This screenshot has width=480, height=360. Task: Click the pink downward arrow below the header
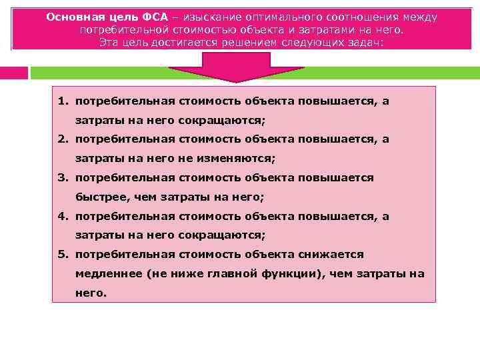pyautogui.click(x=237, y=67)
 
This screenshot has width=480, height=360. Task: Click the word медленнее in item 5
pyautogui.click(x=105, y=274)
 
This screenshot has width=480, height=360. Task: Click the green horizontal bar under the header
pyautogui.click(x=253, y=72)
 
